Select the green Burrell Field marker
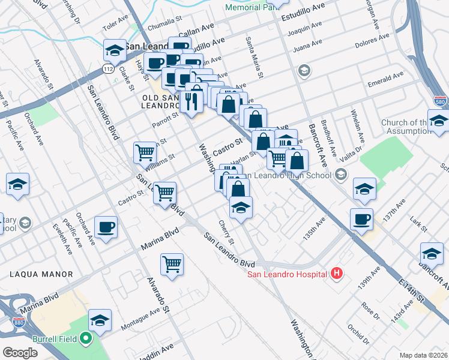85,339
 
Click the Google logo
20,353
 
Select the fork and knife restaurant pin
191,100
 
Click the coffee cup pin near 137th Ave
361,219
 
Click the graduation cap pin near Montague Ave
100,320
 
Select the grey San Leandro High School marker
342,175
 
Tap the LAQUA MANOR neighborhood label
41,274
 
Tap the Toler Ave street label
116,27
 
